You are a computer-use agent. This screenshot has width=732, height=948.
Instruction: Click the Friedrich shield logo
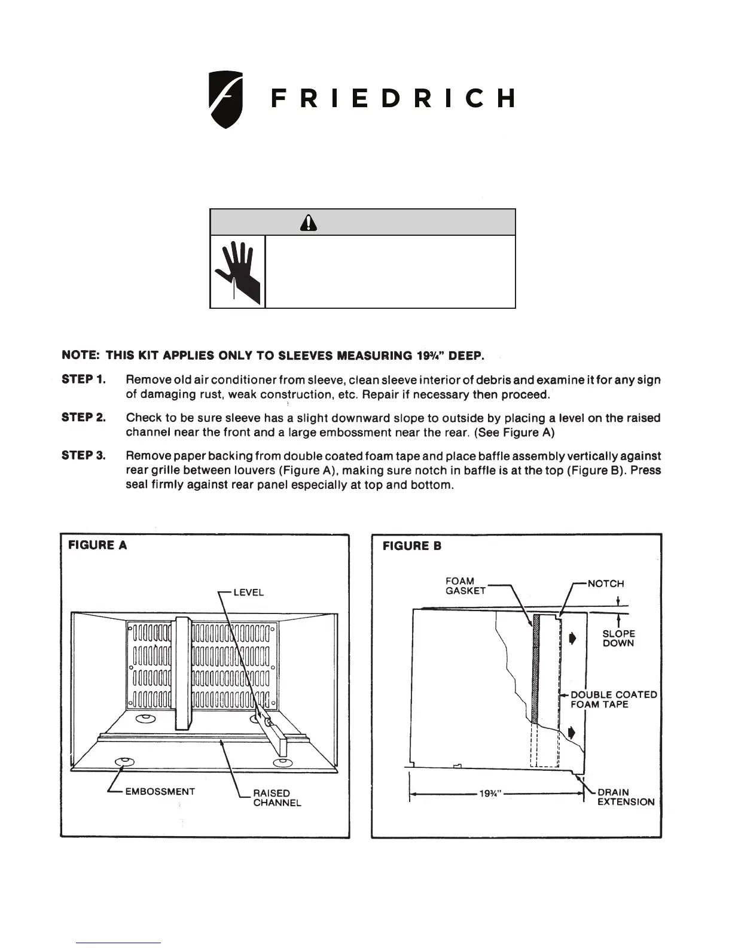(x=225, y=99)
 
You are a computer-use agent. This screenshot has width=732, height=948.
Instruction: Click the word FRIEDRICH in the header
(x=392, y=99)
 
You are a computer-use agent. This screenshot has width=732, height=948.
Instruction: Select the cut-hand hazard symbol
(x=237, y=272)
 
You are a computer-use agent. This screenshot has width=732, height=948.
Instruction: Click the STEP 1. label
(x=84, y=379)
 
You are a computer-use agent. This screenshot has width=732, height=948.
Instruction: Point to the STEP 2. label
(x=84, y=418)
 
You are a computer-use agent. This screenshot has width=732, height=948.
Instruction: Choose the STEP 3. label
(x=84, y=456)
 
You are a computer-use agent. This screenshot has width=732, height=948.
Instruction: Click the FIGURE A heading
(x=97, y=545)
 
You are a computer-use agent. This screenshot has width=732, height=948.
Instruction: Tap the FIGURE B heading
(x=411, y=546)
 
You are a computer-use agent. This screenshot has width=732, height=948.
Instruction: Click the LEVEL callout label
(x=248, y=592)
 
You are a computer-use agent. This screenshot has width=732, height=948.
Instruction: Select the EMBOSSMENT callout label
(x=160, y=791)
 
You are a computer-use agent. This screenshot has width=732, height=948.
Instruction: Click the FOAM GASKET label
(x=465, y=585)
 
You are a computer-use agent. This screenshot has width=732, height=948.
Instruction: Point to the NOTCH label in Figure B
(x=605, y=584)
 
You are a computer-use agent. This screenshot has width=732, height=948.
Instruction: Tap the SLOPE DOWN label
(x=618, y=639)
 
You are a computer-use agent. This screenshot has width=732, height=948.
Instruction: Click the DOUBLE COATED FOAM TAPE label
(x=613, y=700)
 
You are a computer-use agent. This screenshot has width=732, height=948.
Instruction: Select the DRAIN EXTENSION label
(x=626, y=797)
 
